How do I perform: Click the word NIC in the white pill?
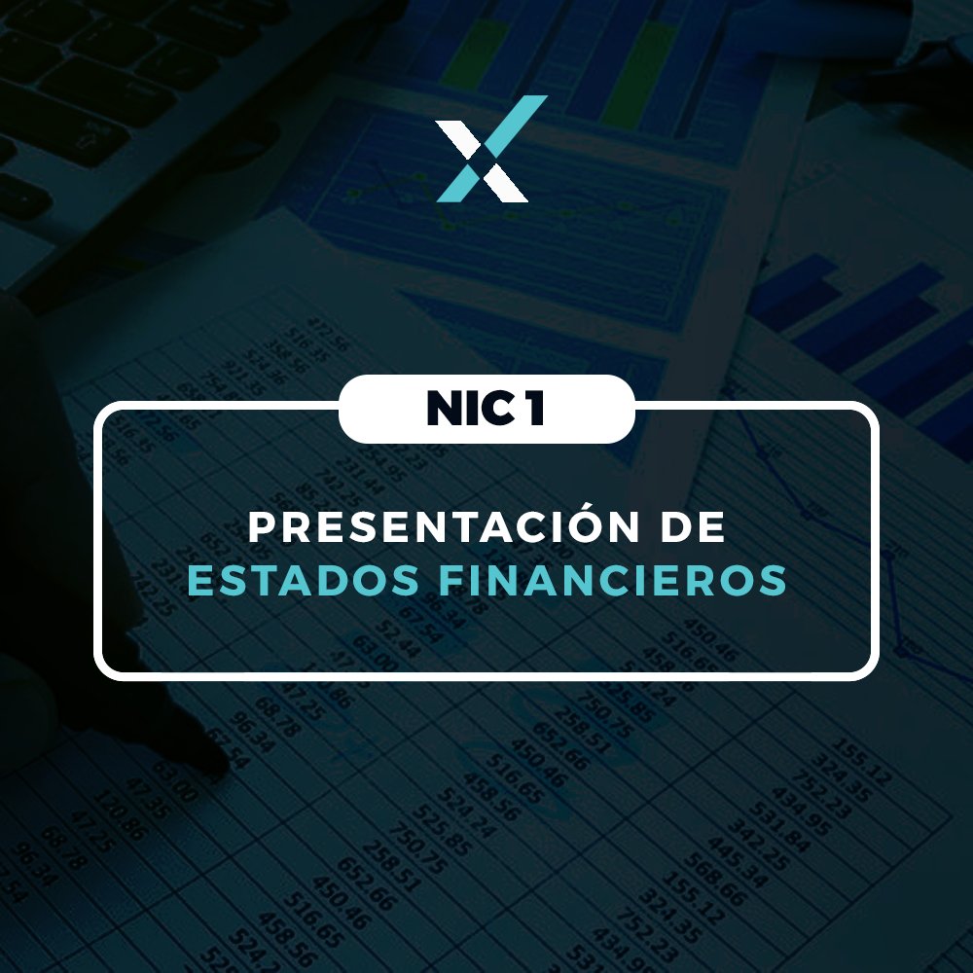(461, 410)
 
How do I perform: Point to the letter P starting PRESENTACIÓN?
(260, 527)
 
